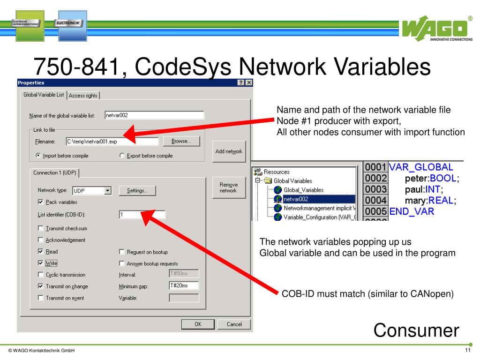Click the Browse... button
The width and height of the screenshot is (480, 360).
181,141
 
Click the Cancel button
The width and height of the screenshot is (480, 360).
234,324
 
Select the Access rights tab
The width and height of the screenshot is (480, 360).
83,95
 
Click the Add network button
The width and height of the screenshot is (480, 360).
229,151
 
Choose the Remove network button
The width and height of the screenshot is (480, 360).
229,187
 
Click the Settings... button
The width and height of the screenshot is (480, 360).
137,190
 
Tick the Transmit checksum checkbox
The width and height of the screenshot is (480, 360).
40,229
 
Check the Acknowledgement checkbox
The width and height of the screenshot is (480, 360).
40,240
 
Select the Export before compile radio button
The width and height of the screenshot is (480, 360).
122,156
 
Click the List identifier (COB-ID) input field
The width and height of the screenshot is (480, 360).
142,215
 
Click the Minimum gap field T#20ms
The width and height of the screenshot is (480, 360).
183,285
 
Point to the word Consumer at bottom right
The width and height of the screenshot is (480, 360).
416,330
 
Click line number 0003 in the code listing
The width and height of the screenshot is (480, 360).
376,189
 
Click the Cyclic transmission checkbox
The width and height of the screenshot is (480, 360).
40,275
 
